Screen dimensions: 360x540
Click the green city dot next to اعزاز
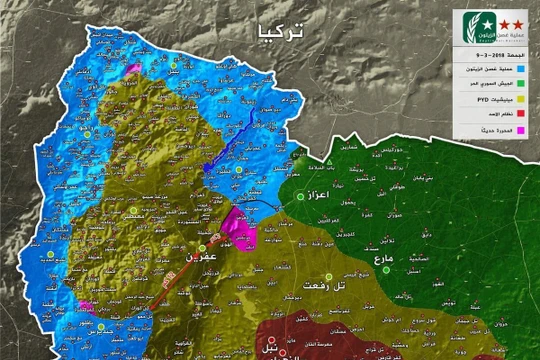pos(300,197)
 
